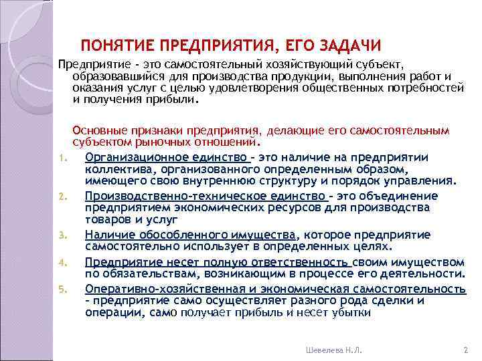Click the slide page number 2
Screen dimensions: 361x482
tap(465, 349)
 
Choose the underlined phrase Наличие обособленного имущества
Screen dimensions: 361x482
tap(190, 235)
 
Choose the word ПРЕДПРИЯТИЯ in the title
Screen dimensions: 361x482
tap(216, 46)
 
